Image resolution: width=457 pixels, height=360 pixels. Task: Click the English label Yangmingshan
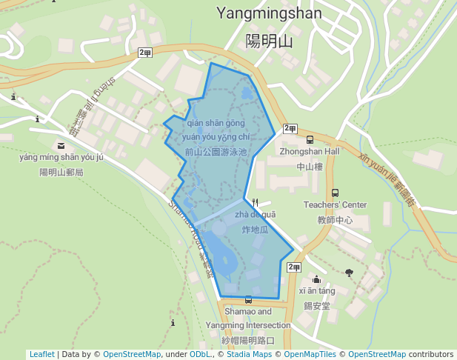click(269, 13)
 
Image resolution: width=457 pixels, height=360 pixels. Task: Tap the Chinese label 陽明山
click(269, 41)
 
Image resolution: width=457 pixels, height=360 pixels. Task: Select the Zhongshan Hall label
click(310, 152)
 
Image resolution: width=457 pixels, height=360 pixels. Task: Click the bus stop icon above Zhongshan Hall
click(310, 139)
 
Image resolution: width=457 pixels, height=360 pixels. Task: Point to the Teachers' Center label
click(335, 205)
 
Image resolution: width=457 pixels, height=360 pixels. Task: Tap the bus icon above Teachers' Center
click(336, 193)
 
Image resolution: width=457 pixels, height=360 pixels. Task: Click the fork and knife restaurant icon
click(256, 201)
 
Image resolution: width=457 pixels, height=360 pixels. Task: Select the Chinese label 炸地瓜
click(255, 230)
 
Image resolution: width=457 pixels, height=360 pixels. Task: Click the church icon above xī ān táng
click(317, 279)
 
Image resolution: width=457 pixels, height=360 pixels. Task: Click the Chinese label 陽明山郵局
click(61, 173)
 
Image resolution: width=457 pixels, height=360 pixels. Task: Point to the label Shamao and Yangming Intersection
click(248, 319)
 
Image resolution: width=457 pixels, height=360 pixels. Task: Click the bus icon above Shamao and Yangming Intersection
click(248, 300)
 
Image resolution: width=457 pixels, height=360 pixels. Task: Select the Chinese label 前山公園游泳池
click(216, 152)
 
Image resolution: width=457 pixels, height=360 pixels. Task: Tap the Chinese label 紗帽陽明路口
click(248, 341)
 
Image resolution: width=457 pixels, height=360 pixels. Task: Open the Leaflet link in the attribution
click(42, 354)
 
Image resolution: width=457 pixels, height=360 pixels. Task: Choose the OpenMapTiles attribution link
click(310, 354)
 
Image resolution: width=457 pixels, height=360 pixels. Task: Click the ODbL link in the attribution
click(200, 354)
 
